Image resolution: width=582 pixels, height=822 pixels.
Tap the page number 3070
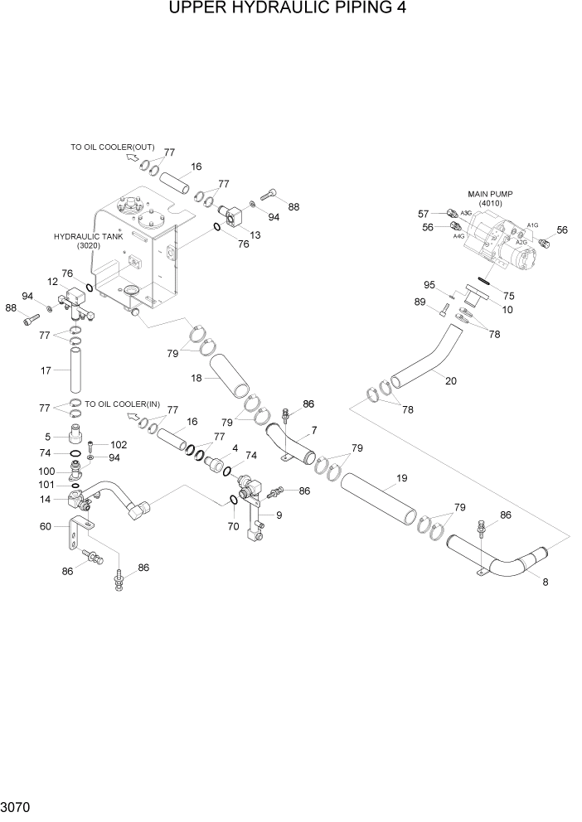17,805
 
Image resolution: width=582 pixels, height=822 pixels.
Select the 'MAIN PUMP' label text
490,194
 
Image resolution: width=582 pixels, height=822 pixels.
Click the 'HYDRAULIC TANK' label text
89,236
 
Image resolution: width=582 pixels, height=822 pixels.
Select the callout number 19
401,478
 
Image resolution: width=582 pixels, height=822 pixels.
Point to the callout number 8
545,582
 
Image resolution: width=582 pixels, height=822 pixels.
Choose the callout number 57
423,213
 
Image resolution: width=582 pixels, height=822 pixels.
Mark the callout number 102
119,444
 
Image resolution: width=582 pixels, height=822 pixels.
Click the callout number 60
46,525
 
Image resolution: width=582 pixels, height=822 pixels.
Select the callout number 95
429,285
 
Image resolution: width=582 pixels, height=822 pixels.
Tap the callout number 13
255,235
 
